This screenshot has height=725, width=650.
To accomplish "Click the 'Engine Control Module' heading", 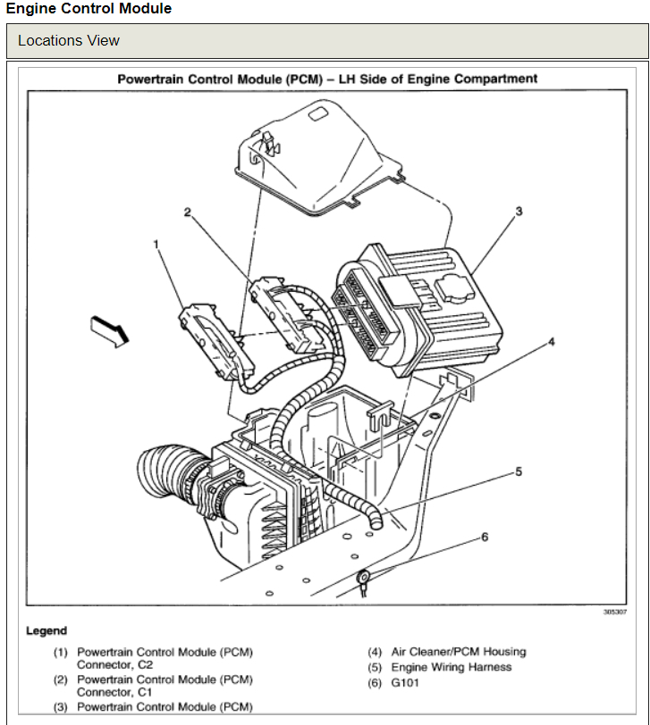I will click(x=89, y=9).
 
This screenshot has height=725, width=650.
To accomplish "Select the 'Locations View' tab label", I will click(x=69, y=41).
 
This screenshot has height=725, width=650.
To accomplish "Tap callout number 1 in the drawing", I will click(x=156, y=243).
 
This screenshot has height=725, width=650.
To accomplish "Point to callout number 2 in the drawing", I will click(x=188, y=212).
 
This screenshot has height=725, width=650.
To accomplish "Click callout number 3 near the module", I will click(x=519, y=212).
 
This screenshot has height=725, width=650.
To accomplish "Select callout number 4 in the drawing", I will click(x=552, y=341).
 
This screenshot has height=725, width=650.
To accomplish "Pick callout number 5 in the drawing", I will click(x=518, y=471).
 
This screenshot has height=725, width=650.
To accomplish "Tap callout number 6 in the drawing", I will click(x=485, y=537).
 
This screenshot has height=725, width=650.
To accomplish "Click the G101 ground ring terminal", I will click(x=364, y=579).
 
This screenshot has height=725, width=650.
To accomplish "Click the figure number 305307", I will click(x=614, y=612).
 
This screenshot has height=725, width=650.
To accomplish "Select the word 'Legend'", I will click(x=46, y=631).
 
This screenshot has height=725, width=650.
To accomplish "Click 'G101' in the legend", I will click(x=404, y=683).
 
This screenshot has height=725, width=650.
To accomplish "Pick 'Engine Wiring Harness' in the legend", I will click(x=452, y=667).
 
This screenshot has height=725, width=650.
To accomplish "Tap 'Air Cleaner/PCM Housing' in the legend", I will click(x=459, y=652).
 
